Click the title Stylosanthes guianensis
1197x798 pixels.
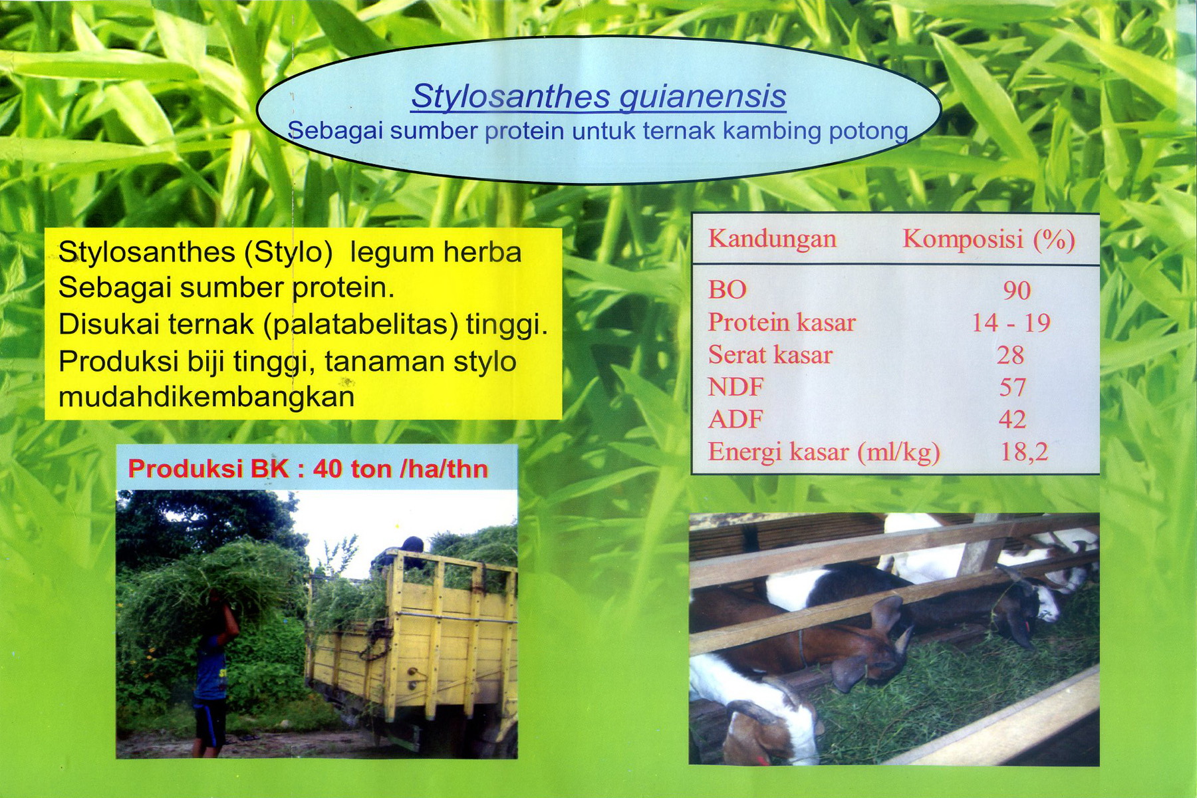598,96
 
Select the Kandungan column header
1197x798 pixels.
772,239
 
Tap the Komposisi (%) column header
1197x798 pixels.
988,239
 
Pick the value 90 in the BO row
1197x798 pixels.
1017,291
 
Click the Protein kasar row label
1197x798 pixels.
781,323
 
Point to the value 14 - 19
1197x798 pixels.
1010,323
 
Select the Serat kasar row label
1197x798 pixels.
770,355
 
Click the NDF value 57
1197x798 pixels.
1012,387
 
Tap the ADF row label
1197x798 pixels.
735,420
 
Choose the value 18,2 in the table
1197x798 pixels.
1023,452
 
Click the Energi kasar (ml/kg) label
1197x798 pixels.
823,452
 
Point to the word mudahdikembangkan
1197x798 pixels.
206,397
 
